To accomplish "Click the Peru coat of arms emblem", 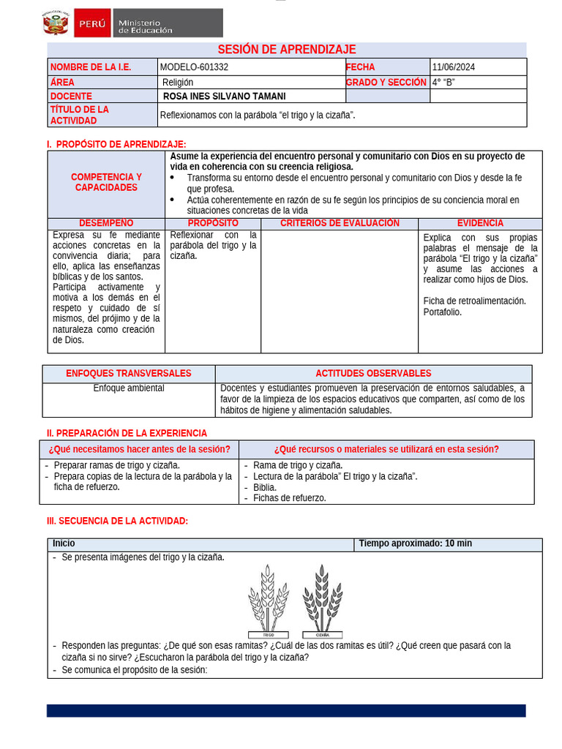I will click(x=56, y=23).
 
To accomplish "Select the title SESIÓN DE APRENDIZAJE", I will click(x=287, y=49).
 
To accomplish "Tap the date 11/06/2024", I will click(x=454, y=67).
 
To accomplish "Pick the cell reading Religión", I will click(x=178, y=83).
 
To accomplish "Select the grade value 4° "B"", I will click(x=443, y=82).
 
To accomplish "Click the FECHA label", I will click(x=360, y=67).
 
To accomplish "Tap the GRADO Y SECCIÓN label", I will click(x=386, y=83).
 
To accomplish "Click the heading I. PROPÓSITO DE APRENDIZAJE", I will click(x=116, y=144).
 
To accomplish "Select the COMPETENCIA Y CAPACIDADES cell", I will click(x=106, y=183).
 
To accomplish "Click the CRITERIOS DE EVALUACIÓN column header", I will click(x=340, y=223).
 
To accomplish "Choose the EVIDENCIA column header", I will click(x=480, y=223).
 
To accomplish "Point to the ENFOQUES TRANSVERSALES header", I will click(x=129, y=373).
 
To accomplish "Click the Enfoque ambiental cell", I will click(x=129, y=388).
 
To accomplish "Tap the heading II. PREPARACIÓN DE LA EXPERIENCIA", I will click(x=127, y=433).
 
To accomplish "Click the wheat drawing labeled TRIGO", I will click(x=267, y=598).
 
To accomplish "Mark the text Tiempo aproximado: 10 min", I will click(x=416, y=543).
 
